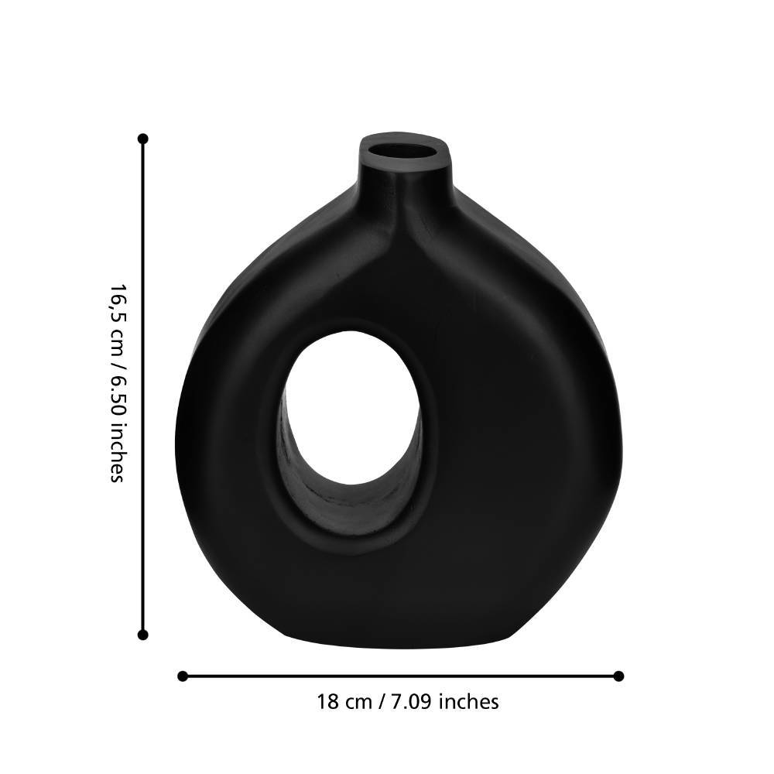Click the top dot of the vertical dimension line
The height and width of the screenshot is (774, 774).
click(x=143, y=139)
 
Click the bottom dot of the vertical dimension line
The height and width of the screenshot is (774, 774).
click(x=143, y=635)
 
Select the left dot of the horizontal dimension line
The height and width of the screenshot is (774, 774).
click(x=183, y=676)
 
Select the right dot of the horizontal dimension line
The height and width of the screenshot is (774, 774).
click(x=618, y=676)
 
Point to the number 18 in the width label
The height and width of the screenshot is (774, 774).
click(x=327, y=701)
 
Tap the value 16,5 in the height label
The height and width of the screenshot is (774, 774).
click(x=117, y=300)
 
